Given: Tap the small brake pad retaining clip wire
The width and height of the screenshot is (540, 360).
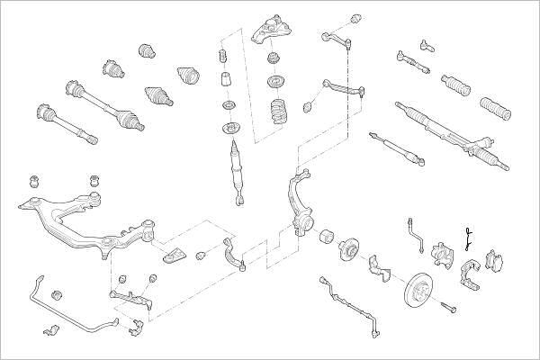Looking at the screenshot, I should click(467, 238).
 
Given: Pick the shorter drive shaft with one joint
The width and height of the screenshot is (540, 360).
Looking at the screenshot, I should click(63, 124).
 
